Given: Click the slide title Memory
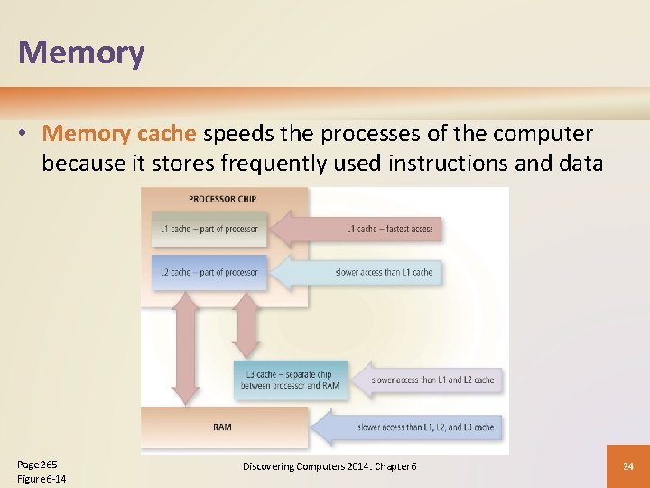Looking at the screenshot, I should click(81, 52).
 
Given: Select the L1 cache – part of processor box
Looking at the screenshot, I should click(209, 229).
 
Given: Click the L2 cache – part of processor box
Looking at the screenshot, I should click(209, 272).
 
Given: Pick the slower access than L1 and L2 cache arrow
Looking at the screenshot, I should click(429, 380).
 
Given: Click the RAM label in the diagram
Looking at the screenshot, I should click(221, 427).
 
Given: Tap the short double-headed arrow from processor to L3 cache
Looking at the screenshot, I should click(246, 324).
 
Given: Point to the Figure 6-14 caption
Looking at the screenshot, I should click(42, 478).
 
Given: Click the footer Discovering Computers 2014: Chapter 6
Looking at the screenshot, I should click(330, 465).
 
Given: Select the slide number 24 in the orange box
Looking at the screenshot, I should click(627, 465).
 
